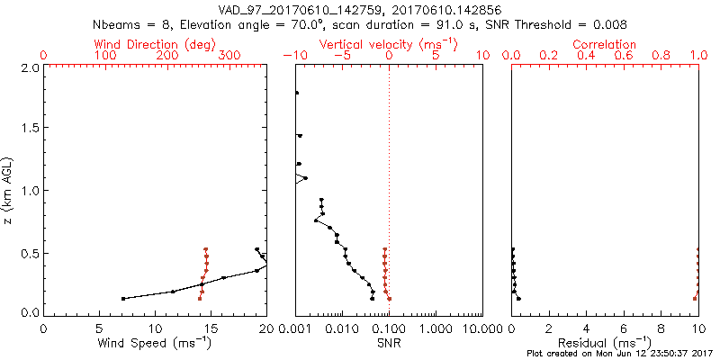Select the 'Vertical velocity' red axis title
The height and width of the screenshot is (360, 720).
(389, 43)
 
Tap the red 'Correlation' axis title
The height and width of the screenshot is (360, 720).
(604, 43)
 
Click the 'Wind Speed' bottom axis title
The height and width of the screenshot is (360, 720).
(155, 342)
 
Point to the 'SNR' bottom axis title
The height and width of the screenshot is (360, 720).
(389, 342)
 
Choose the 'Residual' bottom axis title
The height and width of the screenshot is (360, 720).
(604, 342)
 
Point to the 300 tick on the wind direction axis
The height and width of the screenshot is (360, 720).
(230, 56)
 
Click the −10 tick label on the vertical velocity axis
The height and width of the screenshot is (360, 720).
(292, 56)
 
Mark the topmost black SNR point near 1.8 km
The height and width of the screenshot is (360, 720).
(296, 93)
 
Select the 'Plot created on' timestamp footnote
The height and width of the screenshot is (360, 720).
(621, 353)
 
